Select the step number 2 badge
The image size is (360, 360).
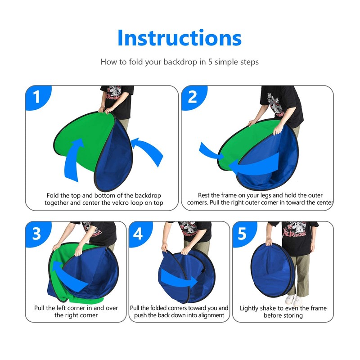click(x=193, y=97)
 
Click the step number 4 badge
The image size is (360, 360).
click(x=138, y=234)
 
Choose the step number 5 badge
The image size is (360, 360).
click(x=242, y=234)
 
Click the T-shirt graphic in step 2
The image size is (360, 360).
click(x=274, y=101)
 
